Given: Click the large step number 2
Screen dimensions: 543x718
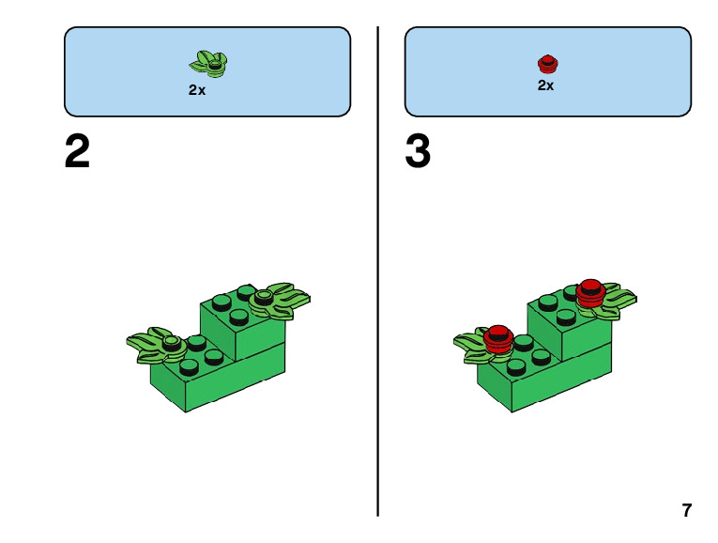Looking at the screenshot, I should tap(77, 152).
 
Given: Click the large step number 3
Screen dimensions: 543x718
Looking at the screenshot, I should tap(418, 152).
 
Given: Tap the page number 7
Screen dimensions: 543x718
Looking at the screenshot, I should tap(687, 511).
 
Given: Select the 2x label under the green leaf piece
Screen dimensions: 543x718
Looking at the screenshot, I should tap(197, 90).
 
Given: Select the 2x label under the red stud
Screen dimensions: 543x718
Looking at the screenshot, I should tap(545, 85).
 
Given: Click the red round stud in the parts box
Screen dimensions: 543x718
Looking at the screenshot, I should tap(548, 64).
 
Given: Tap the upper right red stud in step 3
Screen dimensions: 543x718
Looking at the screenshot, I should tap(590, 291).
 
